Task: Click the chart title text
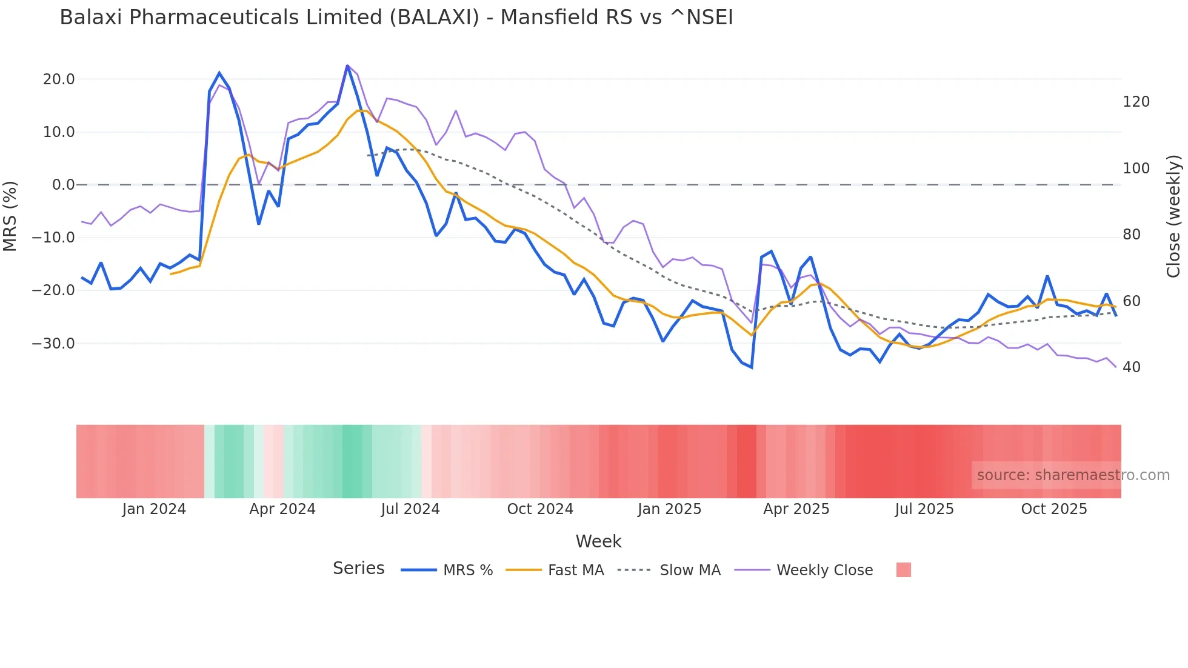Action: point(396,18)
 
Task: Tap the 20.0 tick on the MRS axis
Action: point(59,79)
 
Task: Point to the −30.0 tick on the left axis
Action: point(53,344)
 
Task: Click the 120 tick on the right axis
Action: point(1136,102)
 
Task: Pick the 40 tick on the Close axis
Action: point(1132,367)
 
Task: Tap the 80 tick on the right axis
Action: point(1132,235)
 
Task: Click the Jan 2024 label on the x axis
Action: point(154,509)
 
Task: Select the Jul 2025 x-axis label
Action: point(924,509)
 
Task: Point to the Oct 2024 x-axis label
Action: point(540,509)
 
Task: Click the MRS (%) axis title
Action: point(10,216)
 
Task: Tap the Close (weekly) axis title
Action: point(1173,216)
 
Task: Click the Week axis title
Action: point(598,541)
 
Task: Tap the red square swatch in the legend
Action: point(903,570)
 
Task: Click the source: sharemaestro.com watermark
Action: point(1073,475)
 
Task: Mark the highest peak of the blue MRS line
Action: point(347,65)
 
